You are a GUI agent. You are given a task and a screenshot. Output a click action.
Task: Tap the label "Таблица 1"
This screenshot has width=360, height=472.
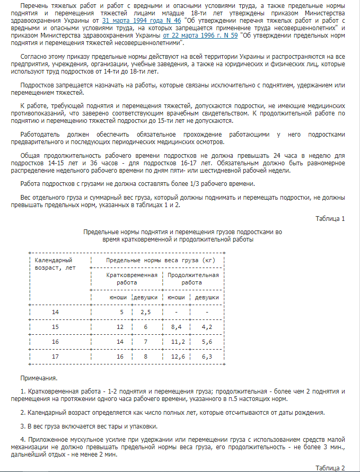(x=330, y=218)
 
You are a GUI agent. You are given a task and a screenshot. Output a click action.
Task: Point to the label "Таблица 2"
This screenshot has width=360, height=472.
(x=330, y=468)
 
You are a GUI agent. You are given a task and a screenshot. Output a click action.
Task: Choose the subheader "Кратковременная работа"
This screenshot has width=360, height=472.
(x=131, y=279)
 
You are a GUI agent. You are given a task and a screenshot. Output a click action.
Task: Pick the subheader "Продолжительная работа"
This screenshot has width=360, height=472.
(x=193, y=279)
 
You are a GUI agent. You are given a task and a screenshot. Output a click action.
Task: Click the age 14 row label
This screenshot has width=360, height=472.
(x=56, y=312)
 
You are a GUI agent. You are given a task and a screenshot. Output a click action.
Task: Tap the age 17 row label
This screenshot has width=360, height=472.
(x=56, y=357)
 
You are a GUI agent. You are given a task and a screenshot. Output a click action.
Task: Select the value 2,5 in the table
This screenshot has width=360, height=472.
(x=146, y=312)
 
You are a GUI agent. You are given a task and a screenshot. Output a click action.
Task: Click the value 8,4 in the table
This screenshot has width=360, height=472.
(x=176, y=327)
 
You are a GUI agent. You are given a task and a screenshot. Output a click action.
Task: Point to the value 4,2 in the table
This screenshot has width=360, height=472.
(x=207, y=327)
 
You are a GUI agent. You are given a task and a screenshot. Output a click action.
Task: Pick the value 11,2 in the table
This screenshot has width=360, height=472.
(x=178, y=342)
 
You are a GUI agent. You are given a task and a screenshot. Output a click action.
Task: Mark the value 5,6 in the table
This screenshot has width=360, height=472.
(x=207, y=342)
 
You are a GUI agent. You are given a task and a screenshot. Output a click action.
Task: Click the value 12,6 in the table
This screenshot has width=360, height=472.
(x=178, y=357)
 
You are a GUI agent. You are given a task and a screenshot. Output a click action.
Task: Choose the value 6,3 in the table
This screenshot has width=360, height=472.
(x=207, y=357)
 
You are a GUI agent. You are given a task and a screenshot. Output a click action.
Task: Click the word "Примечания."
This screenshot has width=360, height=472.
(x=38, y=379)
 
